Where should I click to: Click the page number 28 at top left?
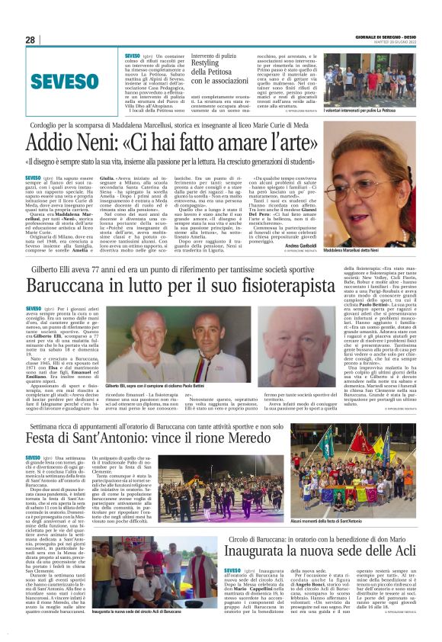(x=30, y=40)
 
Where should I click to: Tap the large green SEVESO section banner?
(x=59, y=80)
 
